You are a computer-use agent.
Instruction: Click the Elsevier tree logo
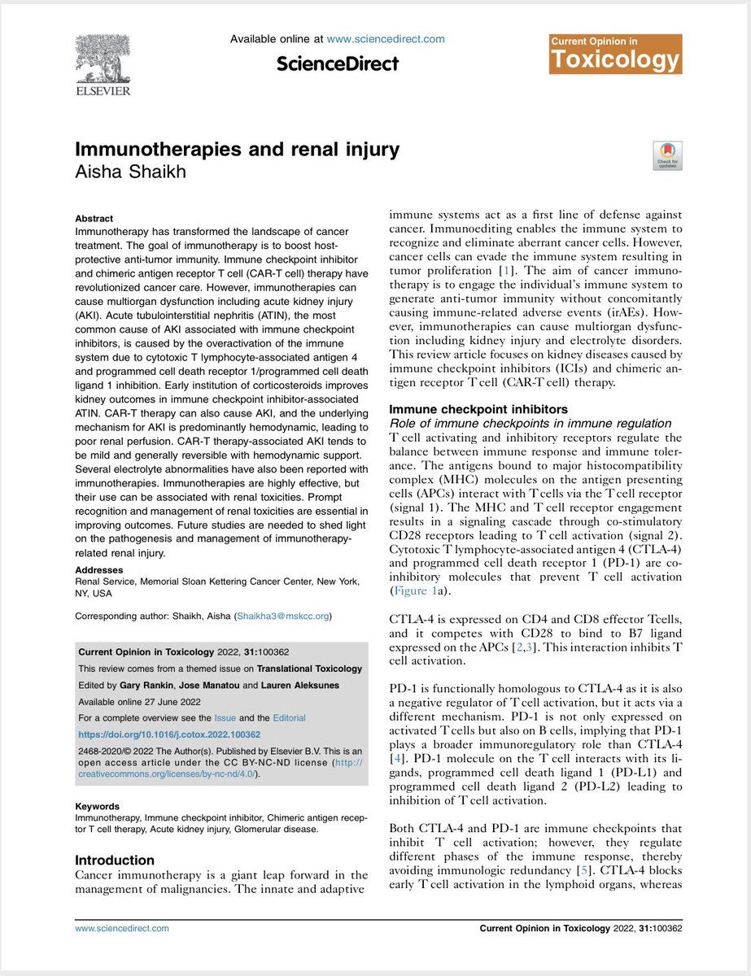click(102, 64)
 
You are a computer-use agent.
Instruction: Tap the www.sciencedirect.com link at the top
click(386, 38)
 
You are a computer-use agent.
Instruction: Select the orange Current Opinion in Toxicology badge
click(616, 54)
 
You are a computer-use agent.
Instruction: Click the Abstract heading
click(94, 219)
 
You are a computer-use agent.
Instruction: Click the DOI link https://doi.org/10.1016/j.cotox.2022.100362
click(169, 734)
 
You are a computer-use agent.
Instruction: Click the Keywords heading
click(98, 806)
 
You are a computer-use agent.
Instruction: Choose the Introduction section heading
click(115, 860)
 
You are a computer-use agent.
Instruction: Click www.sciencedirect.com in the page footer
click(122, 927)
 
